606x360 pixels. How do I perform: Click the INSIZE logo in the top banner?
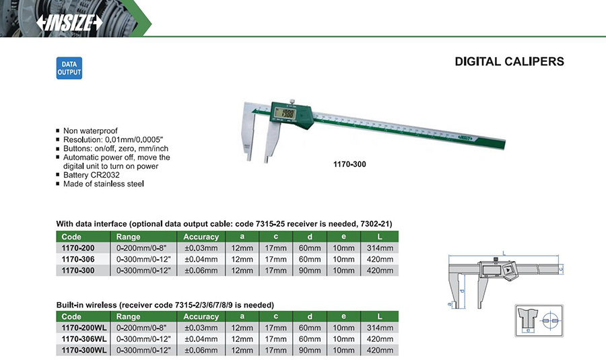point(69,23)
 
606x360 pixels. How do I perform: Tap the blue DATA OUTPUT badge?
point(69,68)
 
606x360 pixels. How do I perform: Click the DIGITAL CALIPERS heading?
point(510,61)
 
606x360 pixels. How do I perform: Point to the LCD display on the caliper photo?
point(285,113)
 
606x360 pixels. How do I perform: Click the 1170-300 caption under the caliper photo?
point(349,164)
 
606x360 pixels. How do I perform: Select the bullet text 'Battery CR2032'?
point(92,175)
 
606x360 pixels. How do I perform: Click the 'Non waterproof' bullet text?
point(90,131)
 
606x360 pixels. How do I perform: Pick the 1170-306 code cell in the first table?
point(78,259)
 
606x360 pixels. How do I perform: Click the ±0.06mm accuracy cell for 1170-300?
point(201,271)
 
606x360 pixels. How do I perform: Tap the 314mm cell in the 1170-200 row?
point(380,248)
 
